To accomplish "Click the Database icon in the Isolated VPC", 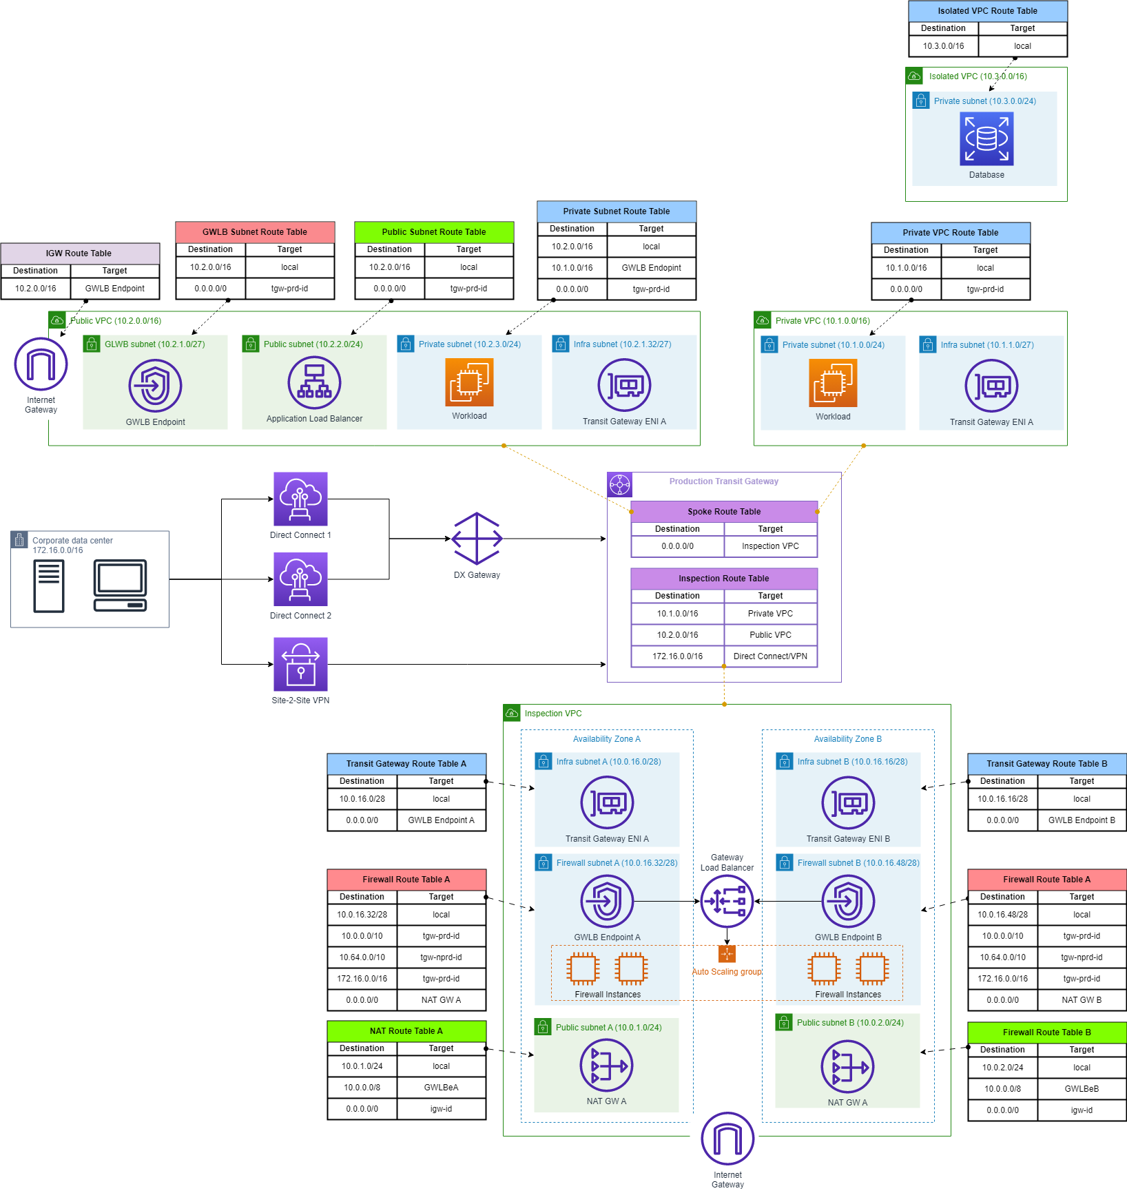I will click(x=986, y=139).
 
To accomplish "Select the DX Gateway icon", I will click(x=477, y=539).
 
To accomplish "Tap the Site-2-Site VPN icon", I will click(x=300, y=664).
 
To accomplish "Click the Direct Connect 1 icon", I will click(x=300, y=499).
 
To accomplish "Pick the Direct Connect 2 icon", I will click(x=300, y=579).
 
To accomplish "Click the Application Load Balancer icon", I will click(x=314, y=382).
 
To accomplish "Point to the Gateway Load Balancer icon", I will click(x=727, y=901).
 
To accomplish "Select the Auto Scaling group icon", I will click(x=727, y=954).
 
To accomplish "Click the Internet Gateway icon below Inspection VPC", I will click(x=727, y=1139).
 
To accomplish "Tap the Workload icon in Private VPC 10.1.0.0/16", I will click(x=833, y=384).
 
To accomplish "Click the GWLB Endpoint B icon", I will click(x=848, y=901).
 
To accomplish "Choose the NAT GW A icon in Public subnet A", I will click(x=606, y=1066).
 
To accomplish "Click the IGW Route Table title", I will click(x=79, y=253).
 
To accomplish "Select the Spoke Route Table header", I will click(x=724, y=512).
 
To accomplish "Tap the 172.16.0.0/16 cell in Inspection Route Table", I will click(x=678, y=656).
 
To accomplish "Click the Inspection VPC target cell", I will click(x=770, y=546).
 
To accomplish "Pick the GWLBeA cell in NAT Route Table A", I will click(x=441, y=1088).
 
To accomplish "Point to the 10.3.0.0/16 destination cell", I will click(x=943, y=46).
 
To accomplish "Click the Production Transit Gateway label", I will click(x=723, y=481).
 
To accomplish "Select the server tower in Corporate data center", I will click(x=49, y=585).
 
